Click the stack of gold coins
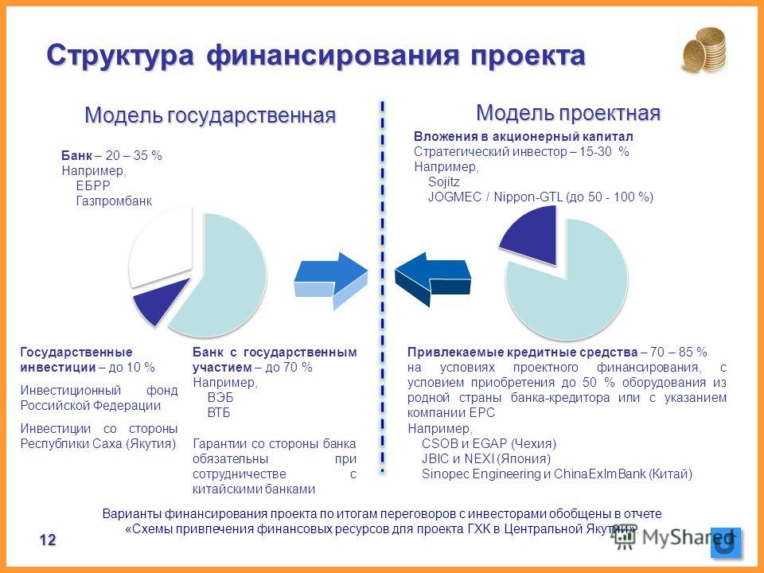(704, 50)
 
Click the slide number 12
(48, 540)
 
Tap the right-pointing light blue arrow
(331, 280)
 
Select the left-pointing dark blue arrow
(433, 279)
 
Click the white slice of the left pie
(161, 248)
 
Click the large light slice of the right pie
(570, 283)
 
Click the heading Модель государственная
(210, 115)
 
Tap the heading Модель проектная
(568, 113)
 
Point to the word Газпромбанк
(114, 201)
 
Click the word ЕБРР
(93, 185)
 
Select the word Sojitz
(443, 181)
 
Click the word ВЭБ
(220, 398)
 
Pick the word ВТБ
(219, 413)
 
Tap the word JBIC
(435, 458)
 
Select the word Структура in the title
(120, 55)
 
